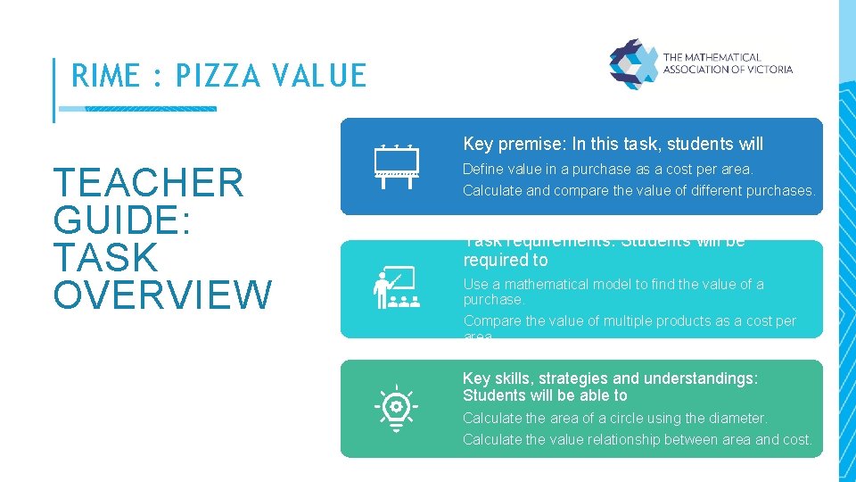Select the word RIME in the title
[x=104, y=76]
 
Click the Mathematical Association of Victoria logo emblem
[x=633, y=63]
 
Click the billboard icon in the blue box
[x=396, y=166]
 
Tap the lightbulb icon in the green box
[x=396, y=409]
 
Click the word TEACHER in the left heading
[x=149, y=183]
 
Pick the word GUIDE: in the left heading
[x=123, y=220]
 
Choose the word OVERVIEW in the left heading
[x=162, y=295]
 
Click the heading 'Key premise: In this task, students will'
[x=613, y=144]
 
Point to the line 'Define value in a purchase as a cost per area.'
[x=607, y=169]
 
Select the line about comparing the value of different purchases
[x=638, y=190]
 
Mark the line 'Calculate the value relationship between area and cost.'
[x=637, y=439]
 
